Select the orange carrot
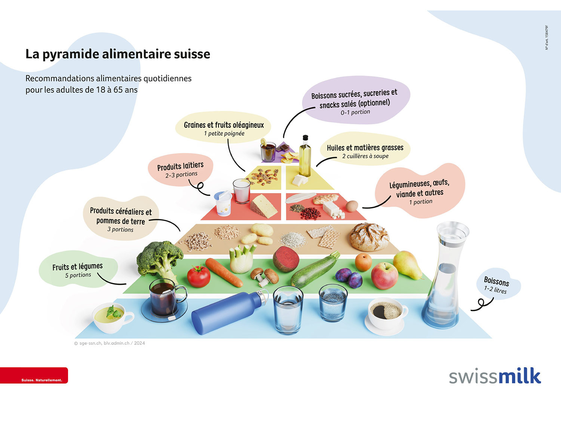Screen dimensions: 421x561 pyautogui.click(x=224, y=272)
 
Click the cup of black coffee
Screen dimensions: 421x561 pyautogui.click(x=387, y=313)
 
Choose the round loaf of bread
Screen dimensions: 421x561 pyautogui.click(x=369, y=237)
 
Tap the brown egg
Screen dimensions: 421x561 pyautogui.click(x=351, y=206)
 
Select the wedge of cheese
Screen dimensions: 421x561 pyautogui.click(x=265, y=206)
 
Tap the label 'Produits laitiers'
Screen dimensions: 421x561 pyautogui.click(x=180, y=166)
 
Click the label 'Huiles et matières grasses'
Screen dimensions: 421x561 pyautogui.click(x=365, y=148)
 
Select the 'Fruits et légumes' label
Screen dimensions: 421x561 pyautogui.click(x=77, y=267)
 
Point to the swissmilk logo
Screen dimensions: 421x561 pyautogui.click(x=494, y=376)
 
